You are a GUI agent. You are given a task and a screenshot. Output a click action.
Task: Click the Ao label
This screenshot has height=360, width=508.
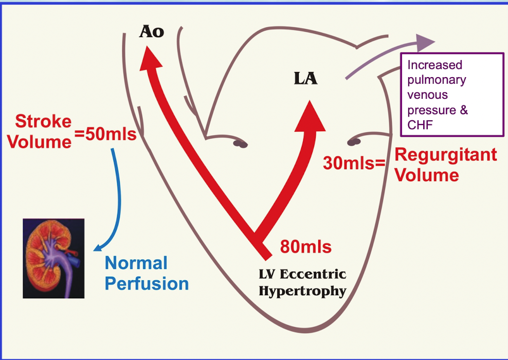pyautogui.click(x=152, y=32)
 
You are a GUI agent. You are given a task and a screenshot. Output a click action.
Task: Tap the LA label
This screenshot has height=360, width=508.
pyautogui.click(x=305, y=79)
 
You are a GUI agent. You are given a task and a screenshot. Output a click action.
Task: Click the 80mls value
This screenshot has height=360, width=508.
pyautogui.click(x=305, y=247)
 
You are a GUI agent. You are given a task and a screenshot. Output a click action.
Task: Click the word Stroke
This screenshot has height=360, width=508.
pyautogui.click(x=43, y=122)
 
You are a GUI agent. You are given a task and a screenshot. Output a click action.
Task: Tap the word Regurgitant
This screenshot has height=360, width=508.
pyautogui.click(x=445, y=155)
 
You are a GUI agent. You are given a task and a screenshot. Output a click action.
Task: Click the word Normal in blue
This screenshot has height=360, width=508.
pyautogui.click(x=136, y=263)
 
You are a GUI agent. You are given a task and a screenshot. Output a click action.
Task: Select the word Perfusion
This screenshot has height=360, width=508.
pyautogui.click(x=147, y=283)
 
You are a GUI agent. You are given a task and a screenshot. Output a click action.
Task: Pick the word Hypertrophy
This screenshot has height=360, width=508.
pyautogui.click(x=302, y=291)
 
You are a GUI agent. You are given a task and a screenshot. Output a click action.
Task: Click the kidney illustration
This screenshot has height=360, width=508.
pyautogui.click(x=53, y=258)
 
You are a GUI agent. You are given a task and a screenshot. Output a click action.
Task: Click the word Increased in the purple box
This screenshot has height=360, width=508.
pyautogui.click(x=434, y=65)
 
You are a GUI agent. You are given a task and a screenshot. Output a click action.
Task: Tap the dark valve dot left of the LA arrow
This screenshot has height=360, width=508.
pyautogui.click(x=240, y=144)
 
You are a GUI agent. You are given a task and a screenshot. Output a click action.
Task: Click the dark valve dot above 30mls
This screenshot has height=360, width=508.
pyautogui.click(x=354, y=141)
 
